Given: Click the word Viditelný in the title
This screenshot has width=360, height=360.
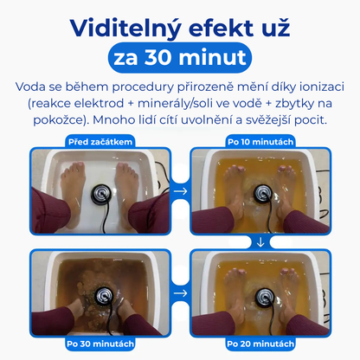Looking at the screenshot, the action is [x=125, y=29].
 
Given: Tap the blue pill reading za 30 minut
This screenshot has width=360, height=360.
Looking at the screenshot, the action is [x=180, y=58].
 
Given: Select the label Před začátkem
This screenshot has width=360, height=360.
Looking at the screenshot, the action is [x=100, y=142].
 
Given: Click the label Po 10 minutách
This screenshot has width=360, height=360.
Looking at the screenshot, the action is [x=260, y=142].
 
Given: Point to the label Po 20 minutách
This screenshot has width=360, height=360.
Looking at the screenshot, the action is [x=260, y=344].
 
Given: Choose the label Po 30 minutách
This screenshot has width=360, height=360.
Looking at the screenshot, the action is [x=100, y=344].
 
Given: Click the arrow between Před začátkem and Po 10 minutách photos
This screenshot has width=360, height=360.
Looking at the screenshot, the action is [x=181, y=191].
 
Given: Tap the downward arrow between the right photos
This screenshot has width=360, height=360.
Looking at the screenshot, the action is [x=260, y=242].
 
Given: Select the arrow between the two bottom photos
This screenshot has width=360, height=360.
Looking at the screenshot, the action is [x=181, y=293].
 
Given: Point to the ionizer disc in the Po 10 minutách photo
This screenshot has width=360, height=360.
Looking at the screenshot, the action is [x=263, y=193].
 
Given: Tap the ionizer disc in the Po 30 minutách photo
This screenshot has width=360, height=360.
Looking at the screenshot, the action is [x=104, y=296].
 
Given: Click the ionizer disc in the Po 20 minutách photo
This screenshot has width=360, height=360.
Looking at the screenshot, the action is [x=265, y=296].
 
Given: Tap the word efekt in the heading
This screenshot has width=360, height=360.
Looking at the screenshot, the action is [x=221, y=28].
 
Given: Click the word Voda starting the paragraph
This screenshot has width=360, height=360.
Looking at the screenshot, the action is [x=30, y=87].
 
